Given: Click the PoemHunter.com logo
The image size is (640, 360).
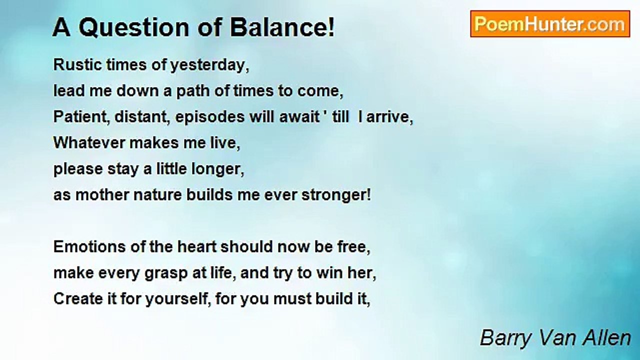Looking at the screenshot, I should click(x=550, y=24).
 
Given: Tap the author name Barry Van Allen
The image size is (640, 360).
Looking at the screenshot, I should click(x=555, y=338).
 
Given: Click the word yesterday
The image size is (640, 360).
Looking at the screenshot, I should click(x=209, y=65).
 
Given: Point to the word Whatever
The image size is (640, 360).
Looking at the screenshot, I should click(x=89, y=143).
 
